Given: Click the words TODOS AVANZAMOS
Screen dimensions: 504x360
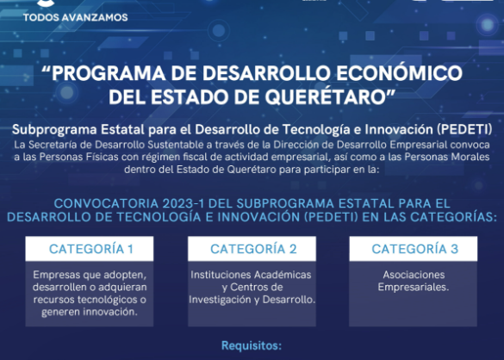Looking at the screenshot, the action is tap(76, 17).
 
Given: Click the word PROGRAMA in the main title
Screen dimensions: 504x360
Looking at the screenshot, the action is tap(109, 73).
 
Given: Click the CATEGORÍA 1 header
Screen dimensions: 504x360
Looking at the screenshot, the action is tap(91, 249).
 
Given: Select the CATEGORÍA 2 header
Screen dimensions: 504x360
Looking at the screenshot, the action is tap(253, 249).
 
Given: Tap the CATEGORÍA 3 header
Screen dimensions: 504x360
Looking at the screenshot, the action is tap(415, 249).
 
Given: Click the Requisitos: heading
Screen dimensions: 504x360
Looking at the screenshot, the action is tap(252, 346).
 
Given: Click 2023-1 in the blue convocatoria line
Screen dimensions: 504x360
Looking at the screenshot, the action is tap(184, 203).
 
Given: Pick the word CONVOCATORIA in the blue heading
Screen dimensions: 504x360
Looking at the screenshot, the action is tap(106, 203).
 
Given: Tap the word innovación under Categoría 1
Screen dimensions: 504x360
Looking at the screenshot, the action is tap(110, 312).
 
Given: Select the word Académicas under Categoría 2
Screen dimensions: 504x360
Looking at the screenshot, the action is tap(282, 275).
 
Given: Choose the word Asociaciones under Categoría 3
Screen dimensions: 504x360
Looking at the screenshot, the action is tap(414, 275).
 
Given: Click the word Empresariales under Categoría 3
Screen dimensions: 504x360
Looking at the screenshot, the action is tap(414, 287).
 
